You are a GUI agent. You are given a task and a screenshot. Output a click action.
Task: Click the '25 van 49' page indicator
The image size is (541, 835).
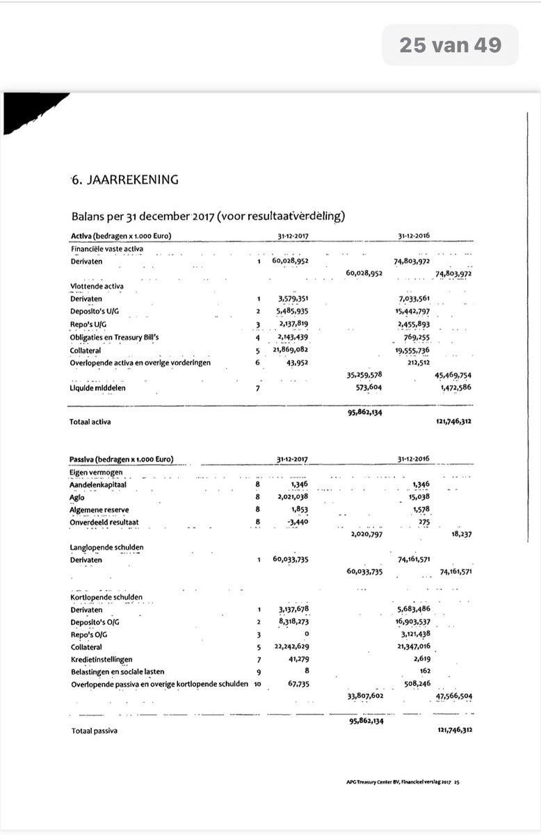tap(450, 45)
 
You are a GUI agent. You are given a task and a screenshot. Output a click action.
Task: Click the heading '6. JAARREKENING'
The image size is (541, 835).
tap(124, 180)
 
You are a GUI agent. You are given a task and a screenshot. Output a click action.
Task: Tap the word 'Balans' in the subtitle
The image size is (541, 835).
tap(90, 216)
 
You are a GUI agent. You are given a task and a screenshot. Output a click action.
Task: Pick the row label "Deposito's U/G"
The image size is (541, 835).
tap(95, 311)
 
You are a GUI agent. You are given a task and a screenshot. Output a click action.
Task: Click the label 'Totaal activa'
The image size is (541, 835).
tap(90, 422)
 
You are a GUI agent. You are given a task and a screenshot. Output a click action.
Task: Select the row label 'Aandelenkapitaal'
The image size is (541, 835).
tap(102, 485)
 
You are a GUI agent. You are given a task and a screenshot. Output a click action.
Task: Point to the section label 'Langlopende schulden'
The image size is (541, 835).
tap(107, 548)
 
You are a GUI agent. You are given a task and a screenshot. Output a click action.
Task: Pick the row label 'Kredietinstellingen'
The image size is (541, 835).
tap(102, 659)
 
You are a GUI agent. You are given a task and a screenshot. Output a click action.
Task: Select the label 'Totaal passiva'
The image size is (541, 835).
tap(94, 731)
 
